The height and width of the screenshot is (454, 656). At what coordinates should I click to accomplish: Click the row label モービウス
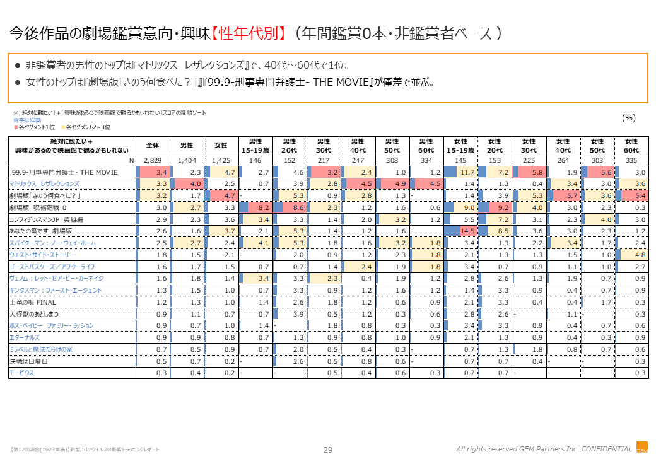[x=21, y=373]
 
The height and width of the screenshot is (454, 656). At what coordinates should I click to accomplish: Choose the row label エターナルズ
[x=25, y=337]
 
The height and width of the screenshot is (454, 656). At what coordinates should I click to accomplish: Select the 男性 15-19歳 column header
[x=255, y=145]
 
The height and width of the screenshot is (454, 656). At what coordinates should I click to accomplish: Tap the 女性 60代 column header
[x=631, y=145]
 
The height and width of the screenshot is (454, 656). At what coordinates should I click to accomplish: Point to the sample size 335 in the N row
[x=631, y=160]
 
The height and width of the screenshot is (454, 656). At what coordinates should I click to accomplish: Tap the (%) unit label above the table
[x=629, y=118]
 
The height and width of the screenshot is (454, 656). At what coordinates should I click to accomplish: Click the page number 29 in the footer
[x=328, y=449]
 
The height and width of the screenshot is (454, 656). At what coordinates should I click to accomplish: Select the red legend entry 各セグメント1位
[x=32, y=127]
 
